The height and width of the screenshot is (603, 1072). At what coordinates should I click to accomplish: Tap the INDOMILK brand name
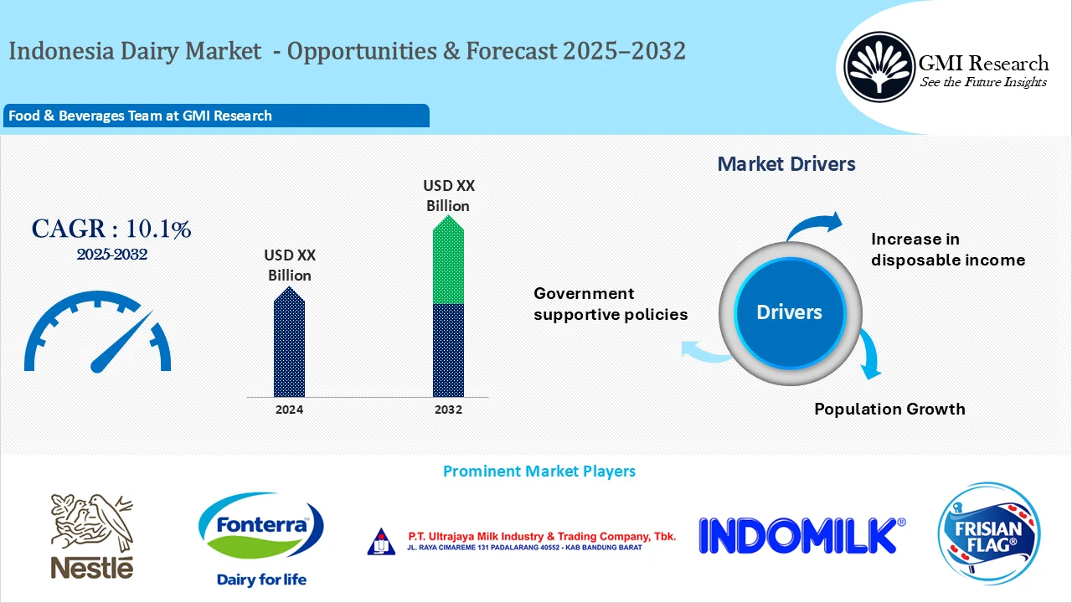pos(801,535)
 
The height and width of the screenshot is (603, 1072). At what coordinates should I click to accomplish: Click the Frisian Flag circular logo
pos(990,532)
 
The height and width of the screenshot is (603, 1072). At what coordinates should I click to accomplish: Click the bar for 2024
pos(289,343)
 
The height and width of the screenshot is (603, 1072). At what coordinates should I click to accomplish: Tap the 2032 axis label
pos(448,410)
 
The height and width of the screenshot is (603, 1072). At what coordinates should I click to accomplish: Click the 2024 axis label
pos(289,410)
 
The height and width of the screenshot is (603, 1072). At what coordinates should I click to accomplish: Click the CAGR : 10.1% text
pos(111,229)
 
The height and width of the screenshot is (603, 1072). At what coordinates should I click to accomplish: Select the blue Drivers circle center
pos(789,312)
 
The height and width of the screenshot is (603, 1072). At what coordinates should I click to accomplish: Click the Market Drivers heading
pos(786,164)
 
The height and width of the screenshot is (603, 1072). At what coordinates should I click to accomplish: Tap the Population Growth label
pos(889,409)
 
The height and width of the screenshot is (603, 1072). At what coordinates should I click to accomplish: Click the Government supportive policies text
pos(610,304)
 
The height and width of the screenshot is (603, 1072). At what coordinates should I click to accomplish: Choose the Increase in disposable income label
pos(947,250)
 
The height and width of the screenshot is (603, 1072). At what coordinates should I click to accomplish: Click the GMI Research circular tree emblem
pos(879,66)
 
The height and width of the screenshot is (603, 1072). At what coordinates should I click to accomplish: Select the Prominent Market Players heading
pos(539,472)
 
